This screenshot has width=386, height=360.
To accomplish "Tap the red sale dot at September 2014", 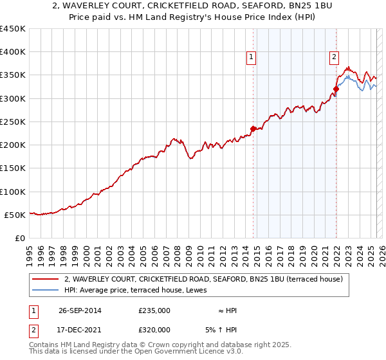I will (x=253, y=129).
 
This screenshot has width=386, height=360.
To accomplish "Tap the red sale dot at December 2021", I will (x=336, y=89).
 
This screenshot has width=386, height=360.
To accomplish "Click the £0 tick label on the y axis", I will (x=19, y=238).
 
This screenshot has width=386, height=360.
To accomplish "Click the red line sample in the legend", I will (x=46, y=279).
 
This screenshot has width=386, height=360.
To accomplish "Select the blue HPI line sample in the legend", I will (x=46, y=290).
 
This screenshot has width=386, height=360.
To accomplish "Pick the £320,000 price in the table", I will (x=154, y=330).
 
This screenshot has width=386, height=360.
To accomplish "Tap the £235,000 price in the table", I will (x=154, y=310).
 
